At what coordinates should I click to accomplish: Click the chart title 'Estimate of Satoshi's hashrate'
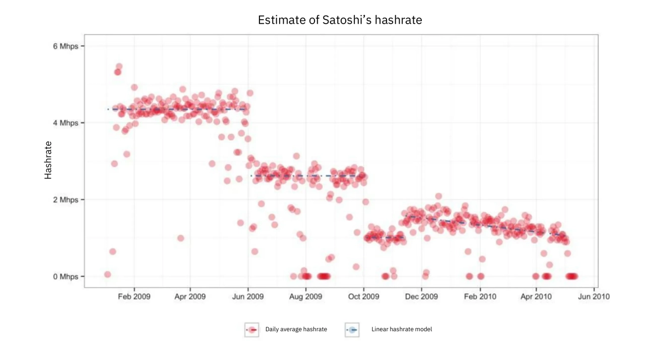coord(340,20)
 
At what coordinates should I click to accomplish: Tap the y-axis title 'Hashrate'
coord(48,160)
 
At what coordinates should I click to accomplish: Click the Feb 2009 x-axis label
coord(134,296)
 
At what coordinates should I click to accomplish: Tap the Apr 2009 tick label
coord(190,296)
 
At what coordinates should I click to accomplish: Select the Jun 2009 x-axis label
coord(248,296)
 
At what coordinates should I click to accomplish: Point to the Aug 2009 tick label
coord(306,296)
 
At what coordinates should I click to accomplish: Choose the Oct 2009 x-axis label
coord(363,296)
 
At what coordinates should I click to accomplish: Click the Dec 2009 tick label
coord(421,296)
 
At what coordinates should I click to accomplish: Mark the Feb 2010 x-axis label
coord(480,296)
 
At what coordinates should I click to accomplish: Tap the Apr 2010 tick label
coord(536,296)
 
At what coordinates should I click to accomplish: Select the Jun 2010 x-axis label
coord(594,296)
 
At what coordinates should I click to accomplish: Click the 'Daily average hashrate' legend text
coord(296,329)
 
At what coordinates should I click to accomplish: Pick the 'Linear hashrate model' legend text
coord(402,329)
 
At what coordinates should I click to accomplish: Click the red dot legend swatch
coord(251,330)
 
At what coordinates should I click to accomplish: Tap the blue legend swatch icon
coord(352,330)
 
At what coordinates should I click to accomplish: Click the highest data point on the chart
coord(119,67)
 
